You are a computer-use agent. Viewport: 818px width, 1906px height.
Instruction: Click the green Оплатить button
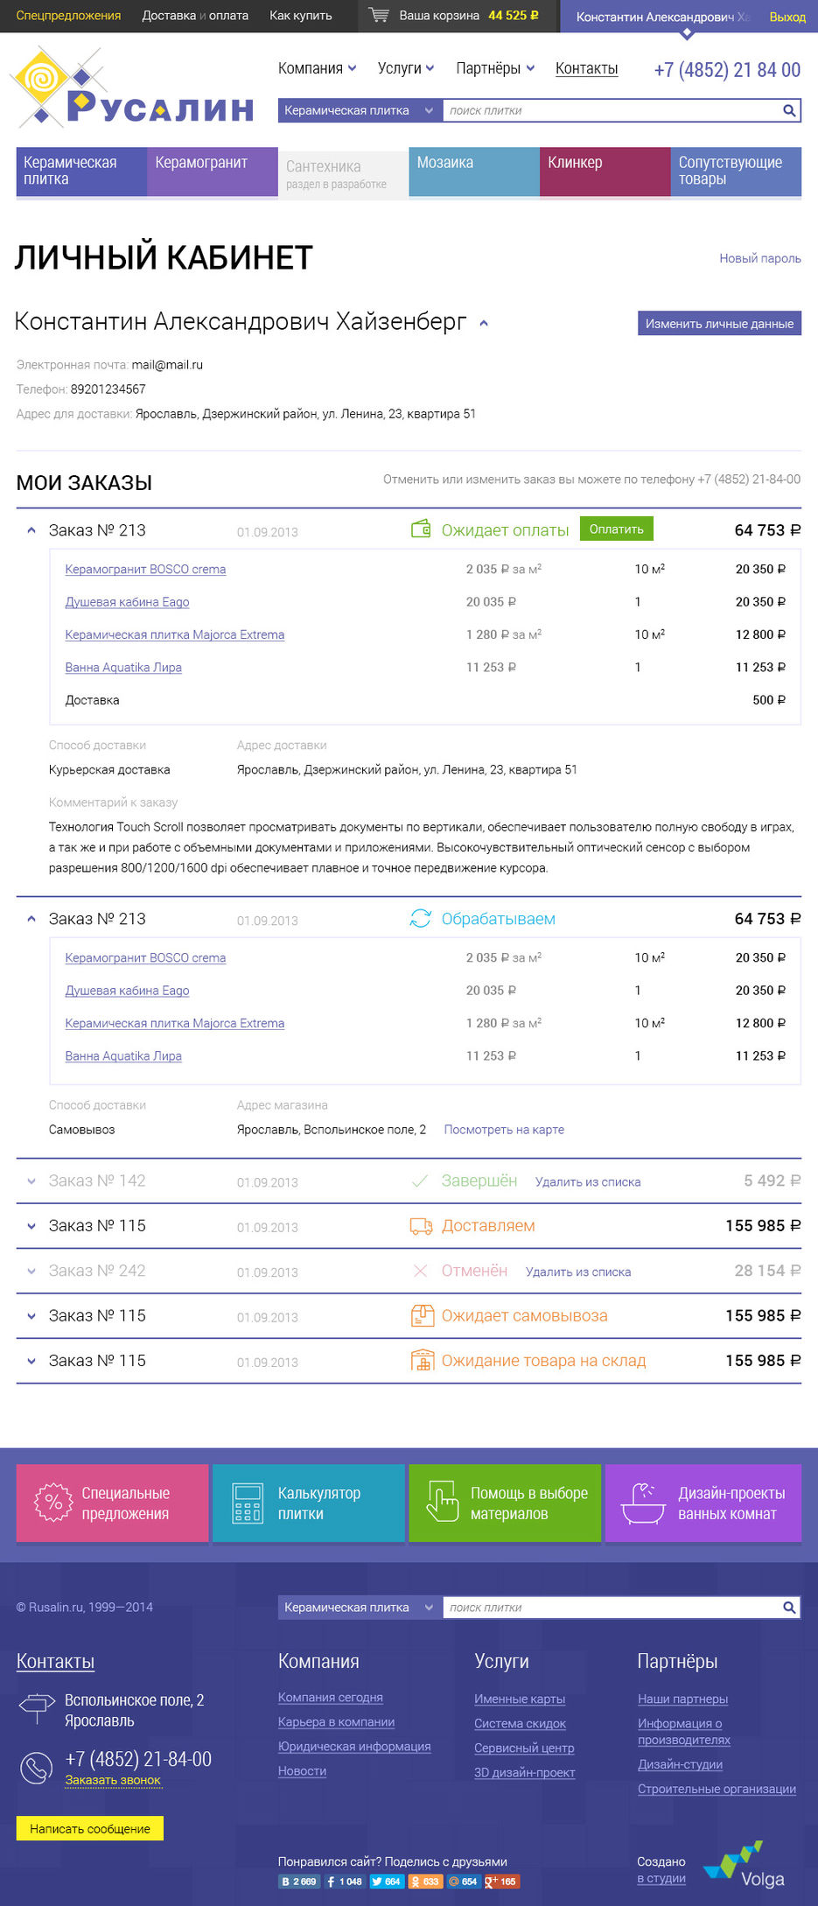616,529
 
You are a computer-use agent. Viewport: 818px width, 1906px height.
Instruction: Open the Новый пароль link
759,258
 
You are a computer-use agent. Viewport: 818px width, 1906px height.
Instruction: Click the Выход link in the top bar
787,17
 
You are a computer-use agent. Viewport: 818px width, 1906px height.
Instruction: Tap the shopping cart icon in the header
379,16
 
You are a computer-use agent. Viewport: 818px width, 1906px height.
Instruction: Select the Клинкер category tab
605,172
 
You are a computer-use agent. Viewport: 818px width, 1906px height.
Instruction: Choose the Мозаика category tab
473,172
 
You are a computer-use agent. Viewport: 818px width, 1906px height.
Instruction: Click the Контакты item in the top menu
586,68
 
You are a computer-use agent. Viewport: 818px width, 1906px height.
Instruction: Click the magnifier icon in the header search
788,110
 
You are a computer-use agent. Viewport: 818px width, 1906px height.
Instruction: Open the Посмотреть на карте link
504,1130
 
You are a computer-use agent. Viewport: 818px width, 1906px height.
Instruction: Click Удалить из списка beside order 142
588,1182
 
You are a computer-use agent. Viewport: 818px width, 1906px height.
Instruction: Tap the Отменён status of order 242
474,1271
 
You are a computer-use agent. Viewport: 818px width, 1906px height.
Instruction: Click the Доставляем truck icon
421,1226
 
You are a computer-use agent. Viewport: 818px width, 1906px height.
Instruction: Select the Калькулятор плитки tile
308,1503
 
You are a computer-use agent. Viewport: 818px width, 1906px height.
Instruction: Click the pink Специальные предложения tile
112,1503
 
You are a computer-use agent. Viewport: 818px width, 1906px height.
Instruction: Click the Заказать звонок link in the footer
113,1780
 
